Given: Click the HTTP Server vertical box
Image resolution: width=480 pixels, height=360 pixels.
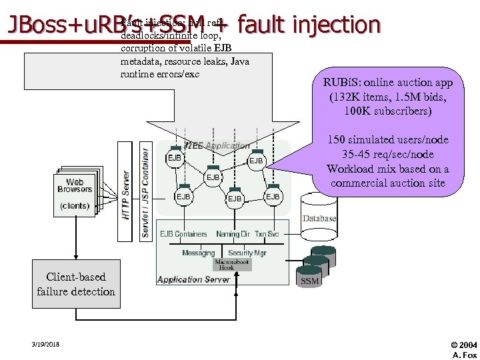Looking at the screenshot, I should pyautogui.click(x=125, y=195).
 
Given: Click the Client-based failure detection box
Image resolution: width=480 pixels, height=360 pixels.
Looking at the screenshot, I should pyautogui.click(x=76, y=284).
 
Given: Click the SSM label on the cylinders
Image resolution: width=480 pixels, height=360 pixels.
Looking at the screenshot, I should pyautogui.click(x=310, y=281).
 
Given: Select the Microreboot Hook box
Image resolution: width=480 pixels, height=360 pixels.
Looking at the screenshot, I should pyautogui.click(x=232, y=264).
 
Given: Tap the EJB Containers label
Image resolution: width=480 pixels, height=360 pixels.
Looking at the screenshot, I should pyautogui.click(x=183, y=234).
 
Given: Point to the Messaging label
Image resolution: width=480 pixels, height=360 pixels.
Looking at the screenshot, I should pyautogui.click(x=198, y=253).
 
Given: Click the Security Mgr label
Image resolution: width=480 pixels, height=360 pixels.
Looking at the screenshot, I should pyautogui.click(x=247, y=253).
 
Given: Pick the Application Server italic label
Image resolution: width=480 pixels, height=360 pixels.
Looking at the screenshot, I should pyautogui.click(x=193, y=280).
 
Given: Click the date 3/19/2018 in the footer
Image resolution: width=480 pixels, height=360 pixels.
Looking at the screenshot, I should pyautogui.click(x=45, y=344).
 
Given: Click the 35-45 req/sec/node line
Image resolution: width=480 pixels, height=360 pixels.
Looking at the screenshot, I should pyautogui.click(x=387, y=154).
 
